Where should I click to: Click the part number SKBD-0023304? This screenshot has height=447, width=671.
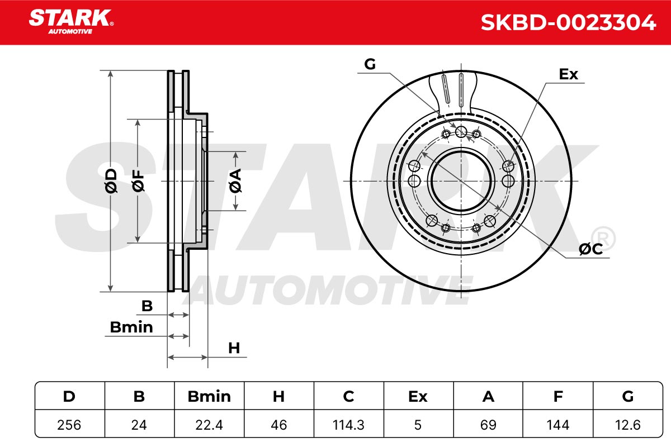[x=568, y=22]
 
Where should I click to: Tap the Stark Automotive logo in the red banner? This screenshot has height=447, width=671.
[x=71, y=22]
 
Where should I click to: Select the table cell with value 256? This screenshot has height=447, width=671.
[x=69, y=425]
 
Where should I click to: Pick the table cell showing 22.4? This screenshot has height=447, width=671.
[x=209, y=425]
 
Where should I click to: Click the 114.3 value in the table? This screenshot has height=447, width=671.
[x=348, y=425]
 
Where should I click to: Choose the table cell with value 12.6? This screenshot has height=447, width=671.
[x=628, y=425]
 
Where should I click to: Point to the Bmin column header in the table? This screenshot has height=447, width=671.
[x=209, y=396]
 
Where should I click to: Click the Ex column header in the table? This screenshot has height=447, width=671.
[x=418, y=396]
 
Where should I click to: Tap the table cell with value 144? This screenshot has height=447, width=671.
[x=558, y=425]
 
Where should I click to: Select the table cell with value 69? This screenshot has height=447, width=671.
[x=488, y=425]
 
